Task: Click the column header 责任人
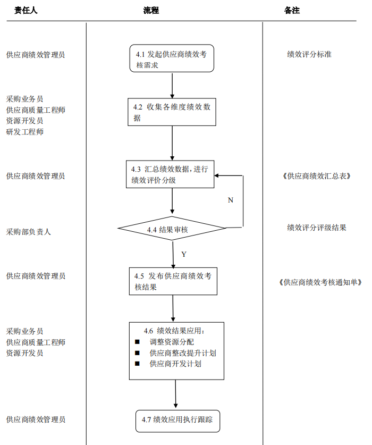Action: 26,10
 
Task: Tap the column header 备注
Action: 292,10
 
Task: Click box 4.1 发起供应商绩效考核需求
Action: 172,58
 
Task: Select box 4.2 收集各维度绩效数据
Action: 172,112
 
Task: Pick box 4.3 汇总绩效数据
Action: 170,174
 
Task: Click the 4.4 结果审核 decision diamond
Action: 172,230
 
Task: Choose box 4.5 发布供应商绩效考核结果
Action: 173,281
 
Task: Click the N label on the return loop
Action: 230,200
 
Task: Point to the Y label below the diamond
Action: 184,254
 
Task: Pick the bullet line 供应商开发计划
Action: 175,364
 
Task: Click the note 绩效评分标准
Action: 309,54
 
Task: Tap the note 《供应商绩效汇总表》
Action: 317,176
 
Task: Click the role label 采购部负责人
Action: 29,232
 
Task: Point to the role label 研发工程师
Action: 25,132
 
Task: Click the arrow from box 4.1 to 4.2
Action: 172,85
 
